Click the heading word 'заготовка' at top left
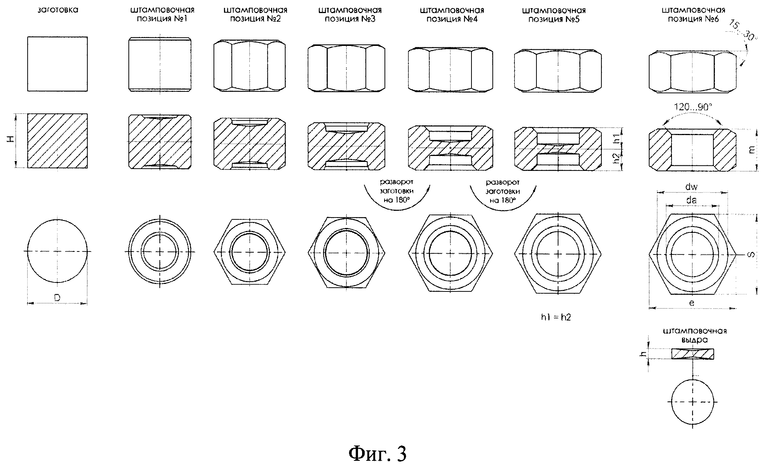coord(58,10)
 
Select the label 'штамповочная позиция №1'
coord(162,14)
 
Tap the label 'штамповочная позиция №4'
coord(452,15)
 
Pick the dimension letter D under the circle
coord(57,297)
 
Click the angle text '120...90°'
coord(692,107)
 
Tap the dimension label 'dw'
coord(692,187)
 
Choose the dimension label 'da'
coord(692,200)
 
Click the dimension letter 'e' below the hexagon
coord(692,303)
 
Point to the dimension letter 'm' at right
coord(751,149)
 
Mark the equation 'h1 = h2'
coord(556,317)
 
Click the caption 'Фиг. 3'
coord(377,454)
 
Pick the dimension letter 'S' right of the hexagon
coord(751,254)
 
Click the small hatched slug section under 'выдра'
coord(692,354)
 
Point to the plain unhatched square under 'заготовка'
coord(57,64)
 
